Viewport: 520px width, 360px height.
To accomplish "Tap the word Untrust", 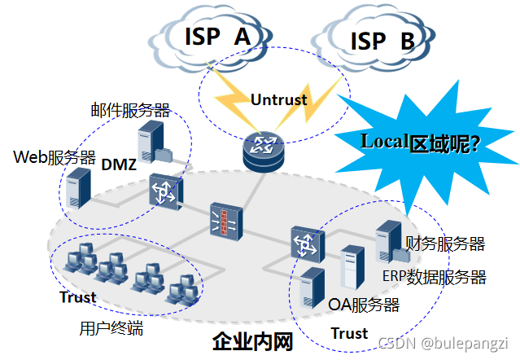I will (278, 99).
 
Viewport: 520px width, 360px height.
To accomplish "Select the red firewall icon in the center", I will (225, 219).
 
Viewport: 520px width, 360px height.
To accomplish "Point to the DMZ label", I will (119, 165).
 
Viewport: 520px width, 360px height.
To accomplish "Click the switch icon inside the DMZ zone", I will (161, 192).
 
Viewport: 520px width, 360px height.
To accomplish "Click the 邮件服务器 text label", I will (129, 110).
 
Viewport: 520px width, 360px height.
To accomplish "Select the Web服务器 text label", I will (55, 157).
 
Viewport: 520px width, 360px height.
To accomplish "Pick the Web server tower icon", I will (77, 188).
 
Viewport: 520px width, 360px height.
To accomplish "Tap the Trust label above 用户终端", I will (78, 297).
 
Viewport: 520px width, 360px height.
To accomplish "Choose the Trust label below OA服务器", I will (349, 332).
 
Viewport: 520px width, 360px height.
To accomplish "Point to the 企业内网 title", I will (251, 342).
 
